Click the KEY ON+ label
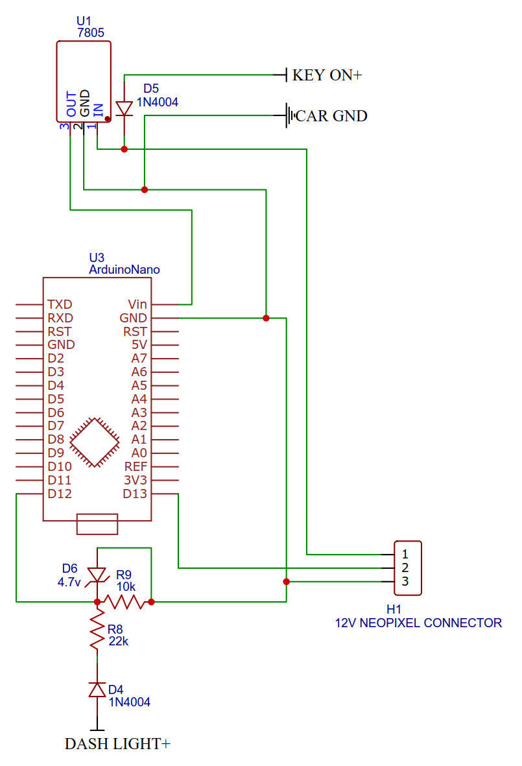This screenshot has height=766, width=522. (x=327, y=75)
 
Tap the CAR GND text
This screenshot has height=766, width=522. (x=331, y=116)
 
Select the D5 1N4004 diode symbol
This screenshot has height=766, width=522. (x=124, y=108)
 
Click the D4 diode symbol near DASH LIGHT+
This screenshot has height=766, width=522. (x=97, y=689)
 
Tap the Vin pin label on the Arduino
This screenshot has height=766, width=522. (x=137, y=304)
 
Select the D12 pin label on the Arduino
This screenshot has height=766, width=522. (x=60, y=494)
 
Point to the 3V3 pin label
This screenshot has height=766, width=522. (x=135, y=481)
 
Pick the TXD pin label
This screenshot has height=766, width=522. (x=60, y=304)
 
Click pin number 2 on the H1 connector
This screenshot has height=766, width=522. (x=405, y=568)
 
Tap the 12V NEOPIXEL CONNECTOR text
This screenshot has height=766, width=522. (x=418, y=623)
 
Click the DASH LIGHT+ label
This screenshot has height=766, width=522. (x=117, y=744)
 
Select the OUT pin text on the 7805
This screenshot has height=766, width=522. (x=71, y=104)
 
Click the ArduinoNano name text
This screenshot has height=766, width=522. (x=124, y=269)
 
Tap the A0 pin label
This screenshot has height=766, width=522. (x=139, y=453)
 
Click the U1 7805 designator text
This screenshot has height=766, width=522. (x=90, y=27)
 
